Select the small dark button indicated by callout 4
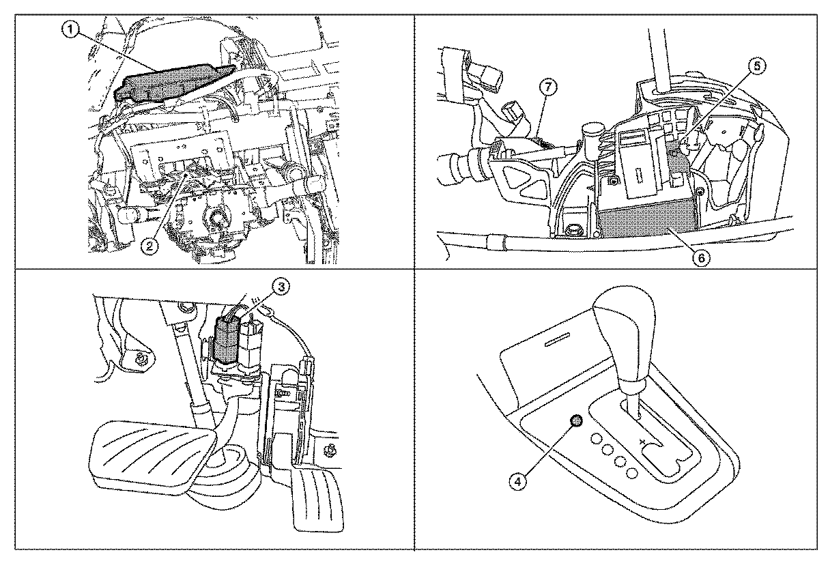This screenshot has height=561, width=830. point(577,421)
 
